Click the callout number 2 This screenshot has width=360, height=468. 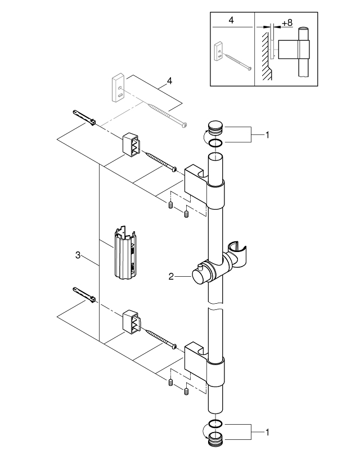(171, 276)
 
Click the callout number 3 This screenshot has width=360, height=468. (78, 256)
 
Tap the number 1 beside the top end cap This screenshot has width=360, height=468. (268, 136)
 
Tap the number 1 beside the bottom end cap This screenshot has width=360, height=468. (268, 433)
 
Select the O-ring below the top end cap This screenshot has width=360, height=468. (214, 143)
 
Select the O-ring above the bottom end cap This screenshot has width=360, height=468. (214, 423)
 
